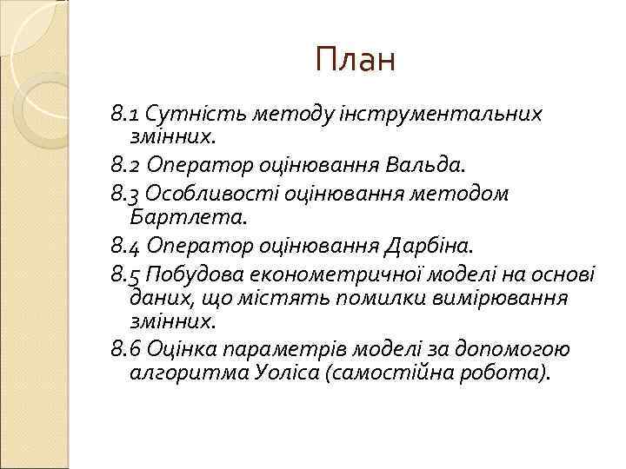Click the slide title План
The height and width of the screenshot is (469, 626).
coord(356,60)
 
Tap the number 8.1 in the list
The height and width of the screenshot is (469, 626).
coord(127,114)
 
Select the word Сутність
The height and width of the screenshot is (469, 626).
coord(183,114)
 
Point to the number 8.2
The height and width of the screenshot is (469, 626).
coord(128,162)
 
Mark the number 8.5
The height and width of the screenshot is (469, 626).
coord(128,276)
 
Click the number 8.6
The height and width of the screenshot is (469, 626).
coord(128,350)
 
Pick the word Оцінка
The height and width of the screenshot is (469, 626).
coord(183,350)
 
